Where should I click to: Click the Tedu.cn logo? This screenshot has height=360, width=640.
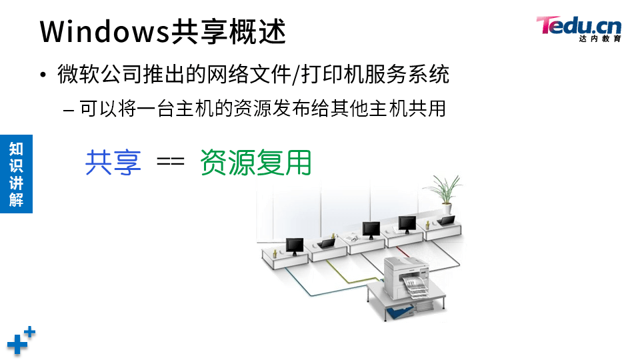click(579, 26)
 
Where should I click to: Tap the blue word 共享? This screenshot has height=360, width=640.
click(113, 162)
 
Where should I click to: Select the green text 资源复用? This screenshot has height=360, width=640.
click(255, 162)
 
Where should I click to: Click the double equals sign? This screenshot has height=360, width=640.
click(170, 162)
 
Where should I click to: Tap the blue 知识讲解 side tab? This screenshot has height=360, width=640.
click(16, 174)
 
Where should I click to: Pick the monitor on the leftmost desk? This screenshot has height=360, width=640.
click(294, 246)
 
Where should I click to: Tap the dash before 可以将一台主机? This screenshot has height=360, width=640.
click(69, 108)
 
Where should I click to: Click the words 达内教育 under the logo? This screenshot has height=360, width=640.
click(600, 39)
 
